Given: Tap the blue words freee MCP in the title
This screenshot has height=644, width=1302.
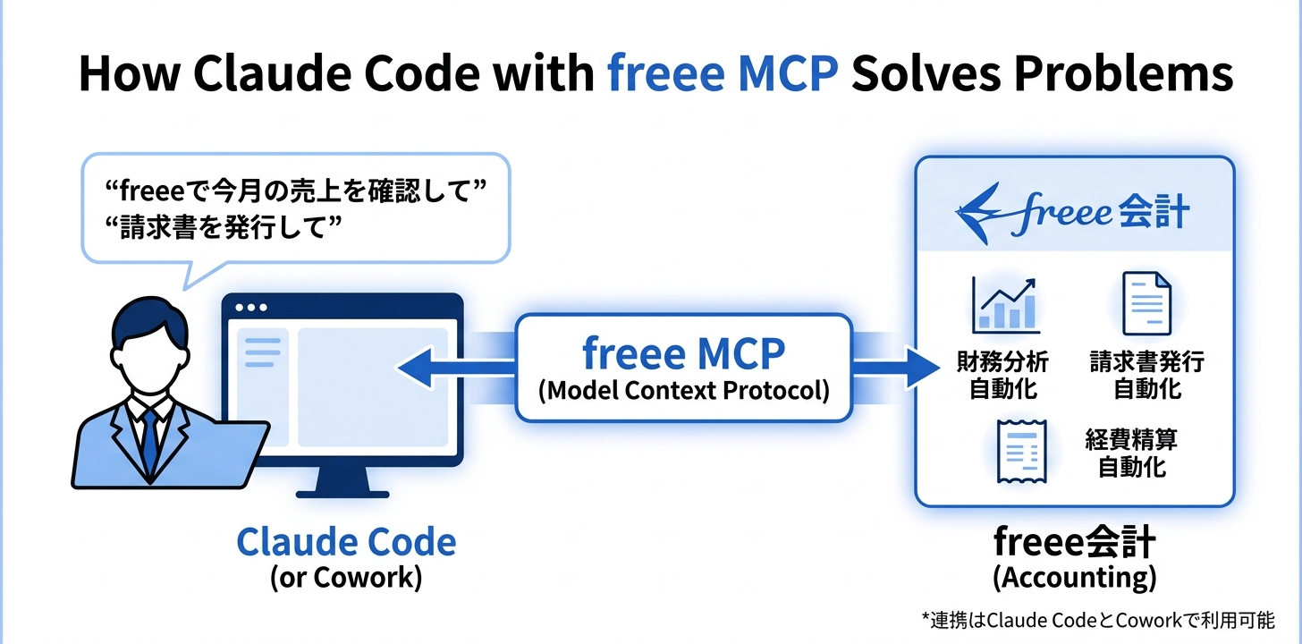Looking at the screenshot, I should [x=723, y=74].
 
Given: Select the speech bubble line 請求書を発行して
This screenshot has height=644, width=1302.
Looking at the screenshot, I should [x=225, y=226].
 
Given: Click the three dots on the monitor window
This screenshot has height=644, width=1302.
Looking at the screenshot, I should [x=251, y=308].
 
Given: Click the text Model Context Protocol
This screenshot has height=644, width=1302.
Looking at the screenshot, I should [x=683, y=391].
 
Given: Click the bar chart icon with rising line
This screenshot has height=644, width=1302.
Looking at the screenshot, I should [x=1004, y=305].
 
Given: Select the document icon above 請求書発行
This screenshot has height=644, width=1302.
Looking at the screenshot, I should [x=1146, y=304].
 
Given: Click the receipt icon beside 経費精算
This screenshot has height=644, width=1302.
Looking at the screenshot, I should [x=1020, y=453].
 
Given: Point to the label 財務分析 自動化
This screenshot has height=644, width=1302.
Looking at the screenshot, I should [x=1003, y=375].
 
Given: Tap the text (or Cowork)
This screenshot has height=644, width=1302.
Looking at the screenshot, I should [x=346, y=577].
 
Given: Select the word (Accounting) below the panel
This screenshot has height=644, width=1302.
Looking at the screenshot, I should [x=1074, y=577].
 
